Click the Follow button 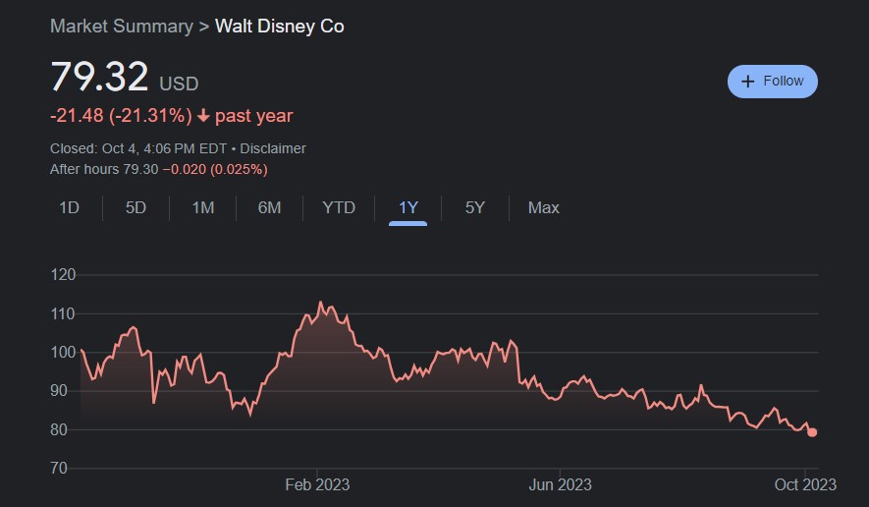pyautogui.click(x=772, y=82)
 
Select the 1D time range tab pyautogui.click(x=69, y=207)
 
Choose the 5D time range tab pyautogui.click(x=136, y=207)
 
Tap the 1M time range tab pyautogui.click(x=202, y=207)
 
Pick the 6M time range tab pyautogui.click(x=269, y=207)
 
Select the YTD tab pyautogui.click(x=339, y=207)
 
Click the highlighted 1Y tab pyautogui.click(x=408, y=207)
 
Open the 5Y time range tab pyautogui.click(x=475, y=207)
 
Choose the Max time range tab pyautogui.click(x=543, y=207)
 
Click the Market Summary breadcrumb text pyautogui.click(x=121, y=27)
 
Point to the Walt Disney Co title pyautogui.click(x=279, y=27)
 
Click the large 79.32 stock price pyautogui.click(x=99, y=77)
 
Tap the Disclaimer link pyautogui.click(x=272, y=148)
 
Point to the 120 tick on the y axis pyautogui.click(x=62, y=275)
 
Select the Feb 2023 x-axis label pyautogui.click(x=317, y=484)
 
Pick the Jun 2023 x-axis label pyautogui.click(x=560, y=484)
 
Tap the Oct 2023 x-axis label pyautogui.click(x=804, y=484)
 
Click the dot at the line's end pyautogui.click(x=812, y=432)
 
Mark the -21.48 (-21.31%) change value pyautogui.click(x=121, y=116)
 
